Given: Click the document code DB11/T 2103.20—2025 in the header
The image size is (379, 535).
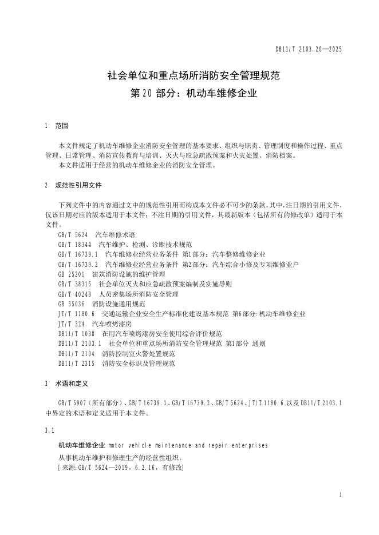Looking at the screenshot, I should (x=308, y=50).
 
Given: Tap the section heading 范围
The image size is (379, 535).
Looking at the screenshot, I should (x=61, y=126).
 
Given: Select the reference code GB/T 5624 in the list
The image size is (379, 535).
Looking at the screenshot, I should (x=73, y=234).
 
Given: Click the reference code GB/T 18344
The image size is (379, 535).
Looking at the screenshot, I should (x=74, y=244).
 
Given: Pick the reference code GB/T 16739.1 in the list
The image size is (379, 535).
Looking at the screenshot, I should (x=78, y=253).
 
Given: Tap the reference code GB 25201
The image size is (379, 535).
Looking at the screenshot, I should (x=72, y=274).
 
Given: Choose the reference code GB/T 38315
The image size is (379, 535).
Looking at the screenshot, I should (x=74, y=284).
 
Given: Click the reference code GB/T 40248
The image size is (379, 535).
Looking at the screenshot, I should (x=74, y=294).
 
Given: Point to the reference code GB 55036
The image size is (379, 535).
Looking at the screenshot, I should (x=72, y=304).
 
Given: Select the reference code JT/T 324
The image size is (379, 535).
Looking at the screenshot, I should (x=71, y=324).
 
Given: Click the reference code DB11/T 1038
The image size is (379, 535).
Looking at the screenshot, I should (x=76, y=333).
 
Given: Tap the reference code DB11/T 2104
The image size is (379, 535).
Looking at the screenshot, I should (x=76, y=353).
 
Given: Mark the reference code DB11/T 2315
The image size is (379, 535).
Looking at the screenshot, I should (x=76, y=363).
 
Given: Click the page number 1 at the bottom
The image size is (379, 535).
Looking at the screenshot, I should (x=340, y=494).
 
